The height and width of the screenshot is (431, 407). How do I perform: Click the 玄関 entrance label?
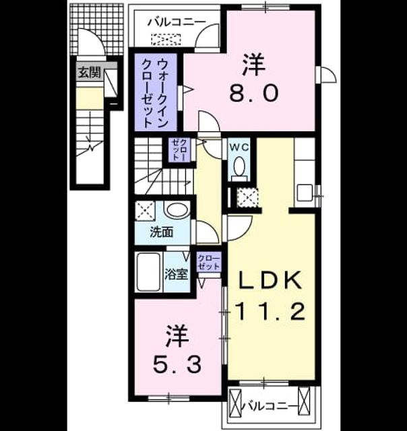[x=90, y=73]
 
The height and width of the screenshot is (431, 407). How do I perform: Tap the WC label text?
[x=239, y=147]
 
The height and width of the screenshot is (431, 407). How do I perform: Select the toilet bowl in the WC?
[x=239, y=166]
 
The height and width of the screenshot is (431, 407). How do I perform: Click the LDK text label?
[x=270, y=280]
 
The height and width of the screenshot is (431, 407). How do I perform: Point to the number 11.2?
[x=271, y=311]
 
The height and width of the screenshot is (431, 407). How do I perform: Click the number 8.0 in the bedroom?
[x=253, y=93]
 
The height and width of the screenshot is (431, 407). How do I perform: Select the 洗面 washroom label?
[x=162, y=232]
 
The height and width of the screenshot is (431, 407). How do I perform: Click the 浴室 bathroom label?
[x=176, y=274]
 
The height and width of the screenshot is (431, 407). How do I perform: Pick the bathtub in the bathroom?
[x=148, y=272]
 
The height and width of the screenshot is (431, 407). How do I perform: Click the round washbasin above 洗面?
[x=177, y=210]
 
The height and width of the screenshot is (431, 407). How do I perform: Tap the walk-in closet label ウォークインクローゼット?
[x=155, y=94]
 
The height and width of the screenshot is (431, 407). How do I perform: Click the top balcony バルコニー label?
[x=177, y=22]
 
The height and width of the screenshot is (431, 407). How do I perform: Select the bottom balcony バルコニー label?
[x=270, y=406]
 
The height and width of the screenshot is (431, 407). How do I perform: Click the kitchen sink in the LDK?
[x=305, y=193]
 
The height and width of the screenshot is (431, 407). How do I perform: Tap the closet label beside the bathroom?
[x=209, y=263]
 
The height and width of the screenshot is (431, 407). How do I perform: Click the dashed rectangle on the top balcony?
[x=166, y=39]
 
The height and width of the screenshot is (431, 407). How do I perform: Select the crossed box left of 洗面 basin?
[x=145, y=211]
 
